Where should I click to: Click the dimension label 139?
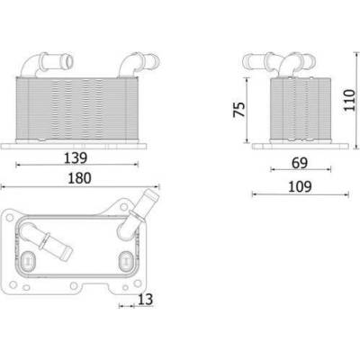(76, 158)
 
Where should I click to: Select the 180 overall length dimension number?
(79, 178)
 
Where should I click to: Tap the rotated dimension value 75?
(239, 109)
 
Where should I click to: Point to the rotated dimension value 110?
(349, 100)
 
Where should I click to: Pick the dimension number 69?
(300, 163)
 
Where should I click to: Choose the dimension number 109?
(300, 186)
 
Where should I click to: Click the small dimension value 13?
(146, 300)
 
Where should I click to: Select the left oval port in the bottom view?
(29, 259)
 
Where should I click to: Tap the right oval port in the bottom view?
(126, 260)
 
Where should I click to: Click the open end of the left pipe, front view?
(68, 62)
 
